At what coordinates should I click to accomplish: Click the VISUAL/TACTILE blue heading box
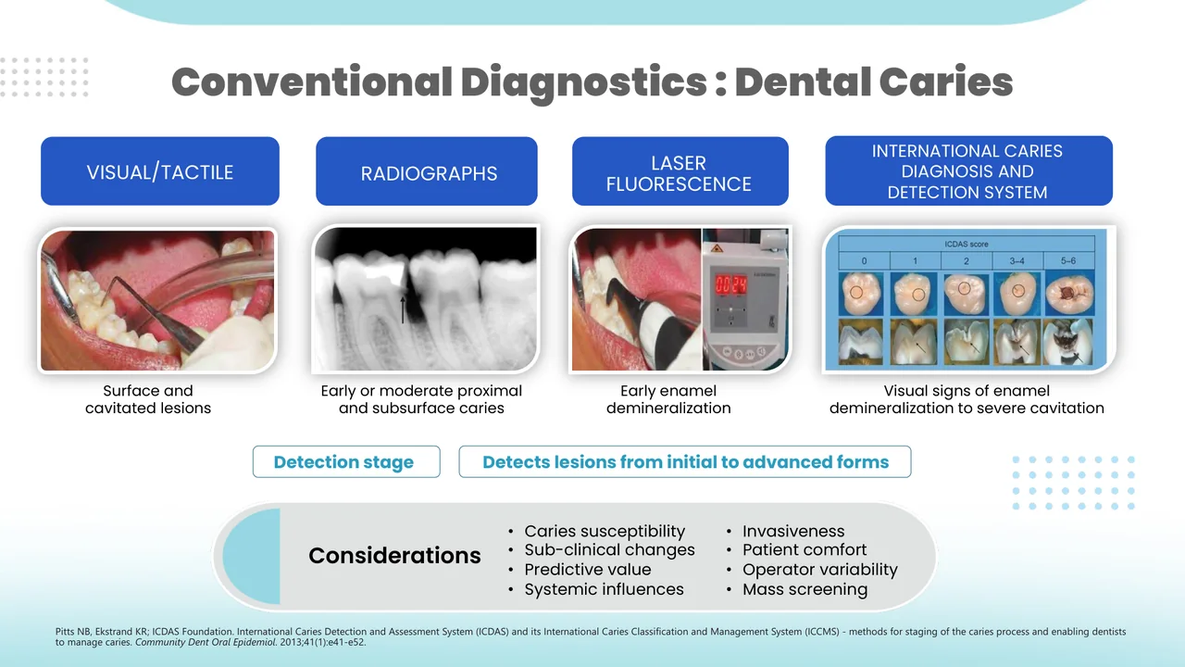coord(159,171)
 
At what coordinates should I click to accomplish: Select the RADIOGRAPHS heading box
coord(427,172)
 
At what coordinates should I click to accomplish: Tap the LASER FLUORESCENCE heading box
coord(680,172)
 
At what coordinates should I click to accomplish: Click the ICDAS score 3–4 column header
coord(1018,261)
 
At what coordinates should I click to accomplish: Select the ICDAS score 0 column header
coord(864,261)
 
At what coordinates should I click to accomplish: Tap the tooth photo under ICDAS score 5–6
coord(1069,294)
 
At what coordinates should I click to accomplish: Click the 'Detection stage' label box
coord(344,462)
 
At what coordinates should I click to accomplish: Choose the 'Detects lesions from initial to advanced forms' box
coord(685,462)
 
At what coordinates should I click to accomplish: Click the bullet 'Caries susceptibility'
coord(604,531)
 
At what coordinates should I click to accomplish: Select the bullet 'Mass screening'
coord(805,589)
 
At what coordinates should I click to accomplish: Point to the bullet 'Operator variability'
coord(819,570)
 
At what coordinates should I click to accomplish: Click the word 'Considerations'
coord(394,556)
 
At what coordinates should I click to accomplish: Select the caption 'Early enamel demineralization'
coord(668,399)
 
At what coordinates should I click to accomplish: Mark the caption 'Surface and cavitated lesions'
coord(148,399)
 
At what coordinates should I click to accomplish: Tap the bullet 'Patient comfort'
coord(804,550)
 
